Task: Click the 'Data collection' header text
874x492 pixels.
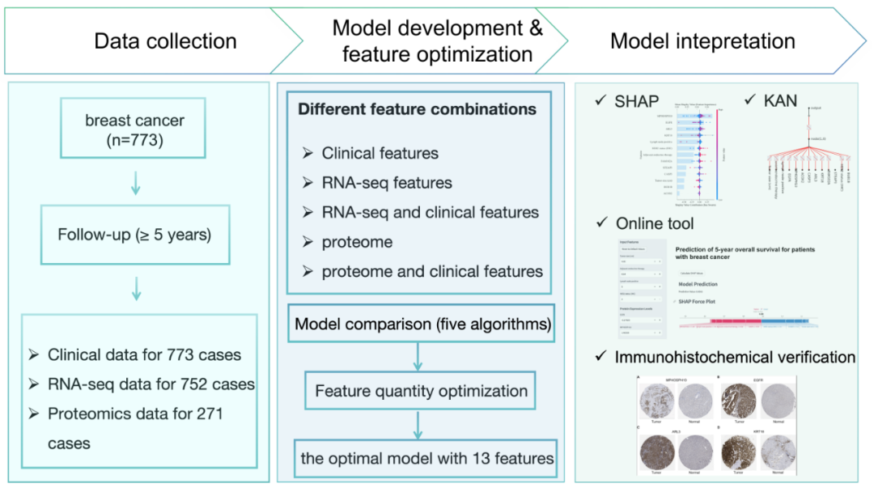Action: point(165,41)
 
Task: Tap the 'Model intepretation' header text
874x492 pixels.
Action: point(702,41)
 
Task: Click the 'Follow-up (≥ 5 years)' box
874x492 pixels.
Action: point(134,235)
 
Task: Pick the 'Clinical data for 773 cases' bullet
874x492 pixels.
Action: point(144,354)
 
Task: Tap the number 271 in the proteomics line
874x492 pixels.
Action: point(206,414)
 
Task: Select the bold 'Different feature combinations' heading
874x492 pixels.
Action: point(417,108)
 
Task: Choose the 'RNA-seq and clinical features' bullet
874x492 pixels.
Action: point(430,212)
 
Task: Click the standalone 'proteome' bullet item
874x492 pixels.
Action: point(357,242)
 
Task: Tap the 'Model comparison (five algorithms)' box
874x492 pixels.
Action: point(422,324)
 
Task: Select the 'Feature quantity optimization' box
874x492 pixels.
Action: point(421,392)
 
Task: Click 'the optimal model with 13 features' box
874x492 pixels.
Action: point(426,458)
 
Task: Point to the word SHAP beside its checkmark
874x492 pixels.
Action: point(638,101)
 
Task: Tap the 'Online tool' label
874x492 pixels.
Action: point(655,223)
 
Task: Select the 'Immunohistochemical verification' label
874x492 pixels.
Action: point(735,357)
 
